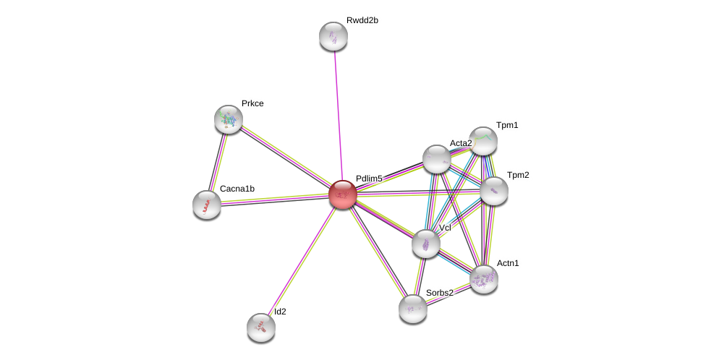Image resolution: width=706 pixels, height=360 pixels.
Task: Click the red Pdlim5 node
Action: pos(342,194)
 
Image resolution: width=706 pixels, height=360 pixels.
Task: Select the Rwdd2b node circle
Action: pos(333,36)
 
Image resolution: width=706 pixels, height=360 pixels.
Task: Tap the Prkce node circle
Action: pos(229,119)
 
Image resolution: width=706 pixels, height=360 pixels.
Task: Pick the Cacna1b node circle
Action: pos(207,205)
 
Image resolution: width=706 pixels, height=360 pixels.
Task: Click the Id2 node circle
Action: pos(261,327)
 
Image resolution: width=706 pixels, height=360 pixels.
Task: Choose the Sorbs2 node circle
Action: pos(413,309)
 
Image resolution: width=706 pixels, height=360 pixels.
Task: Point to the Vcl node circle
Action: pos(426,244)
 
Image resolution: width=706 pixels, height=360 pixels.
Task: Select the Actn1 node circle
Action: pos(484,279)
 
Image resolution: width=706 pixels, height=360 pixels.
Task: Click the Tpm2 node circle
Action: pos(494,191)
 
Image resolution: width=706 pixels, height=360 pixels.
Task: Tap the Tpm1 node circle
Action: pos(483,141)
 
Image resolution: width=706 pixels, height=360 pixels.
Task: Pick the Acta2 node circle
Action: pos(437,159)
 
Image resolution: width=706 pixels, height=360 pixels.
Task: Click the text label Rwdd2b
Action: pos(362,20)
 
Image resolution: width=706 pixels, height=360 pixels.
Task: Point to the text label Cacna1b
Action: pos(237,189)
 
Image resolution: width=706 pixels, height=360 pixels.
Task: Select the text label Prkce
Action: pos(252,103)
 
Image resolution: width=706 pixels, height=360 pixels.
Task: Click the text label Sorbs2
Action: pos(439,293)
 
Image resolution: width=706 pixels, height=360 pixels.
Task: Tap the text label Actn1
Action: pos(508,263)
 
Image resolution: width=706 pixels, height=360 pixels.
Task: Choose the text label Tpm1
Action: pos(507,125)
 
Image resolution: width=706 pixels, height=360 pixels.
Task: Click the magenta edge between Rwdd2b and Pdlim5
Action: pos(338,116)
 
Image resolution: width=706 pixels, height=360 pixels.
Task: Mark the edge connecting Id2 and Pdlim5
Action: pos(302,261)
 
